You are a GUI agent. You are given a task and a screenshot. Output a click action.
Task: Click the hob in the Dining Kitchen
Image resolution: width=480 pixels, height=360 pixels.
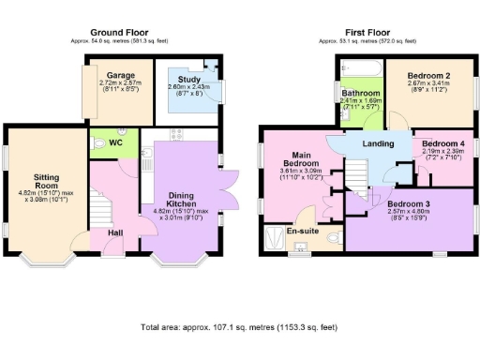click(173, 135)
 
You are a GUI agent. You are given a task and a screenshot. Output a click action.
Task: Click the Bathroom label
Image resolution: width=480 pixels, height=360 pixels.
click(361, 95)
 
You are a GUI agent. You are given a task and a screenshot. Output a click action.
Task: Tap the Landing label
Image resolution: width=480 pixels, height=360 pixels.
click(378, 142)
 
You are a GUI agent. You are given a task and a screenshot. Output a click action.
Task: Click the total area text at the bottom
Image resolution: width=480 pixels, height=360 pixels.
click(239, 329)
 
